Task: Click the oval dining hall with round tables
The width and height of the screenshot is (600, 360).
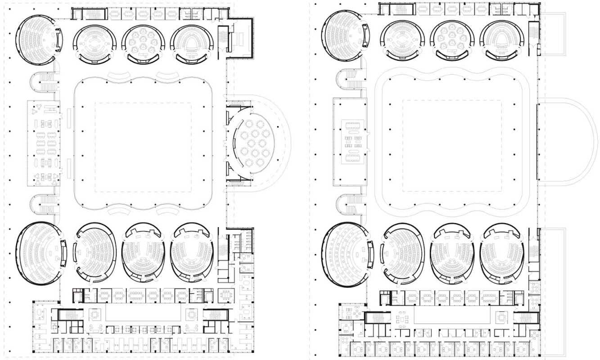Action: click(254, 140)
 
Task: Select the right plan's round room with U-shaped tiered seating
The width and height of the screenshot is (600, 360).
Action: click(500, 40)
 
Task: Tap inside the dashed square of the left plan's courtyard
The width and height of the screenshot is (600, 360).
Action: click(143, 147)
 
